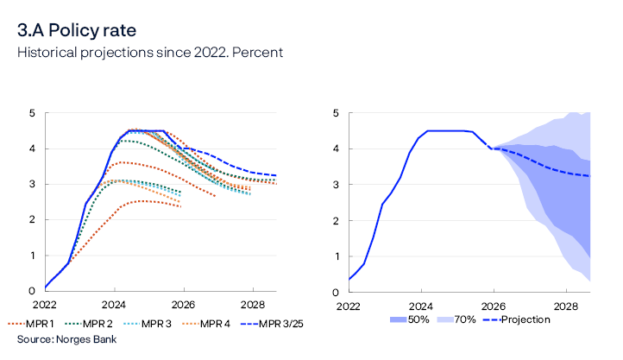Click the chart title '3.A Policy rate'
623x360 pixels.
(x=77, y=31)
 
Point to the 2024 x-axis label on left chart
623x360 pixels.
(x=114, y=306)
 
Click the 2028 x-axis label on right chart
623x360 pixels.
(x=566, y=306)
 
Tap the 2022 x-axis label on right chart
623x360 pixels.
(x=349, y=306)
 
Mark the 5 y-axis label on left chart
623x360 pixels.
(x=32, y=113)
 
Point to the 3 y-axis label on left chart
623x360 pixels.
(x=32, y=185)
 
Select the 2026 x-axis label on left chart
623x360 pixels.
(x=182, y=306)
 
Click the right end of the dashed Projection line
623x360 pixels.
(x=589, y=176)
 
